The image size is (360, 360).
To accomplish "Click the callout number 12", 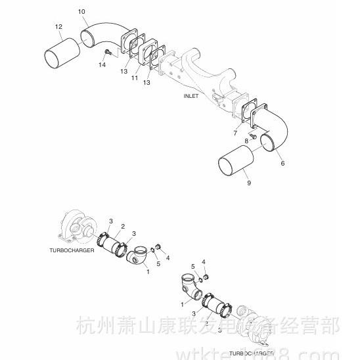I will (x=58, y=26).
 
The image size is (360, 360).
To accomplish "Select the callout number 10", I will (x=81, y=12).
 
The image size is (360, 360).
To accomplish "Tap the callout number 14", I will (x=102, y=65).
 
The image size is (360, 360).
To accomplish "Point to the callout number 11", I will (x=133, y=78).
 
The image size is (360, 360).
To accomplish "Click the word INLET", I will (x=191, y=96).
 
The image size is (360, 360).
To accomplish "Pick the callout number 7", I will (x=235, y=133).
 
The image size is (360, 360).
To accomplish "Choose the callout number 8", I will (x=247, y=141).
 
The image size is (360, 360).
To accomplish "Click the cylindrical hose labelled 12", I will (x=60, y=51).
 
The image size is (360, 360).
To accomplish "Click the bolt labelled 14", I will (x=106, y=52).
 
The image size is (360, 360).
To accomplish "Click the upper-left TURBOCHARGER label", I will (x=73, y=250).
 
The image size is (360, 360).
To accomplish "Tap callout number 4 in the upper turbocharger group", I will (x=168, y=258).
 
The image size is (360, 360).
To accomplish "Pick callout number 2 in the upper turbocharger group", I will (x=122, y=227).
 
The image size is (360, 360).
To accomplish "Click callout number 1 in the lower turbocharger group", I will (x=182, y=304).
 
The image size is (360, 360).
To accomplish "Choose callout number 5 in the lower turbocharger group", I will (x=193, y=266).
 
